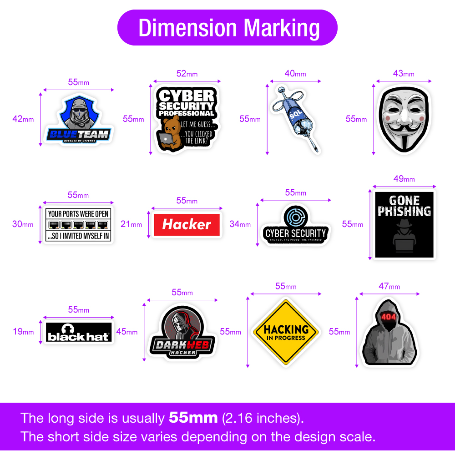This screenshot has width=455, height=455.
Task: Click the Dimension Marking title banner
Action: pyautogui.click(x=227, y=28)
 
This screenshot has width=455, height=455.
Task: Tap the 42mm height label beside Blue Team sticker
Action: pyautogui.click(x=23, y=119)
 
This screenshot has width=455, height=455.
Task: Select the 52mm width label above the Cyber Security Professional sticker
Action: pyautogui.click(x=187, y=74)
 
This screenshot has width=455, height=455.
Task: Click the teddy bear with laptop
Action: pyautogui.click(x=170, y=132)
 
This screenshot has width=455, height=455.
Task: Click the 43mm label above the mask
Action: pyautogui.click(x=404, y=73)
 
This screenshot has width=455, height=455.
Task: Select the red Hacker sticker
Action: pyautogui.click(x=187, y=224)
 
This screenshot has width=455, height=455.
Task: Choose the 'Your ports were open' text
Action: pyautogui.click(x=78, y=214)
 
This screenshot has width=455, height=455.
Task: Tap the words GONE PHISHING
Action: pyautogui.click(x=404, y=206)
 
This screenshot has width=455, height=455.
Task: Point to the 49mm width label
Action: pyautogui.click(x=404, y=179)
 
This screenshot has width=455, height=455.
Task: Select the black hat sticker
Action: pyautogui.click(x=78, y=332)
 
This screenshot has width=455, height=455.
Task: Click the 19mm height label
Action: pyautogui.click(x=23, y=332)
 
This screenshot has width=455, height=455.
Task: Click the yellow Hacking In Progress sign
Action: pyautogui.click(x=286, y=332)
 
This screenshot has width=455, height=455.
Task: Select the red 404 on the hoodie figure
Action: pyautogui.click(x=389, y=317)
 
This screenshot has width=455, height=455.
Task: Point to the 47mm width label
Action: pyautogui.click(x=389, y=286)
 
